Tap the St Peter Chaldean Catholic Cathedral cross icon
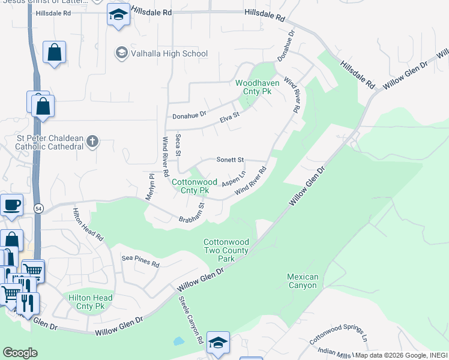pos(92,142)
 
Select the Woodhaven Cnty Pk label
pos(254,88)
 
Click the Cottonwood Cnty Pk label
pos(190,186)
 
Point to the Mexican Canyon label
pos(302,281)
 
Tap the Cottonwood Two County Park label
pos(226,250)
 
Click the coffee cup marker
pos(11,206)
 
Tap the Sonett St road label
pos(229,160)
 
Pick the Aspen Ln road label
pos(234,179)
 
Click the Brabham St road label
pos(192,212)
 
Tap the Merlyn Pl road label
pos(151,186)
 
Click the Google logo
pos(20,352)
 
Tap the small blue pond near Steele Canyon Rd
pos(178,341)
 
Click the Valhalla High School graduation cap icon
pos(121,53)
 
